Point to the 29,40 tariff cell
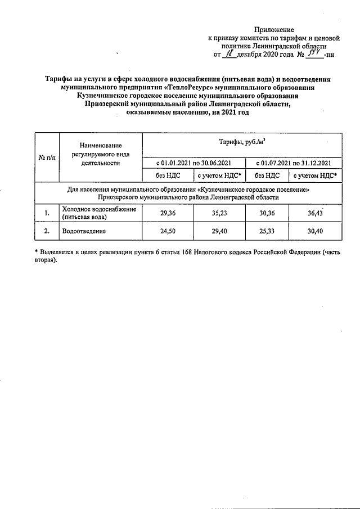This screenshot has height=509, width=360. pos(219,231)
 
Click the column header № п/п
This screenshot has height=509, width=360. pos(47,158)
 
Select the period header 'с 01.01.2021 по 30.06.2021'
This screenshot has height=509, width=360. pos(194,163)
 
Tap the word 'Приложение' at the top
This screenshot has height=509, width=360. pos(274,29)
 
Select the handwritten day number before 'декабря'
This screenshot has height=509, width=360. pos(228,55)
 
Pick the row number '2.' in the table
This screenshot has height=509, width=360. pos(47,231)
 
